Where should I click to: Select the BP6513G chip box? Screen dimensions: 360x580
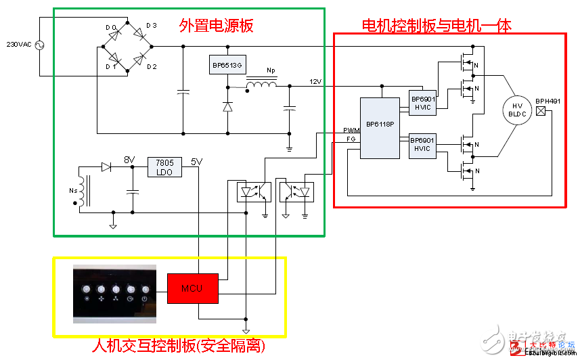pyautogui.click(x=227, y=65)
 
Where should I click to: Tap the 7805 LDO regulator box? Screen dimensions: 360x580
pyautogui.click(x=164, y=166)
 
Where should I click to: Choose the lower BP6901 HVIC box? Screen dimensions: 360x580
pyautogui.click(x=423, y=146)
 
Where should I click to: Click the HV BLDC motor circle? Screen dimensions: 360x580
pyautogui.click(x=517, y=110)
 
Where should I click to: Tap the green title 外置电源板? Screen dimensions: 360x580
pyautogui.click(x=216, y=26)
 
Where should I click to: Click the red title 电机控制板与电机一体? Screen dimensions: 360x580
pyautogui.click(x=437, y=26)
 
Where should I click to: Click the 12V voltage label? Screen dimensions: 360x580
pyautogui.click(x=316, y=82)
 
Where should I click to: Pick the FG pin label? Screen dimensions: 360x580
pyautogui.click(x=351, y=138)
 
